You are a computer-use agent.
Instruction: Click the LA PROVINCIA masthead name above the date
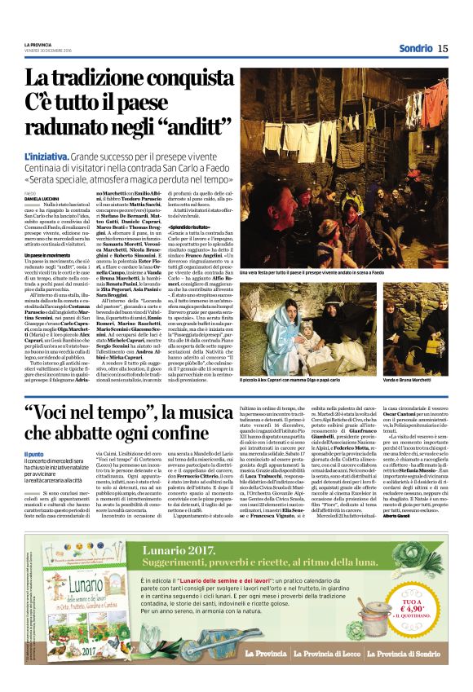[x=37, y=43]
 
